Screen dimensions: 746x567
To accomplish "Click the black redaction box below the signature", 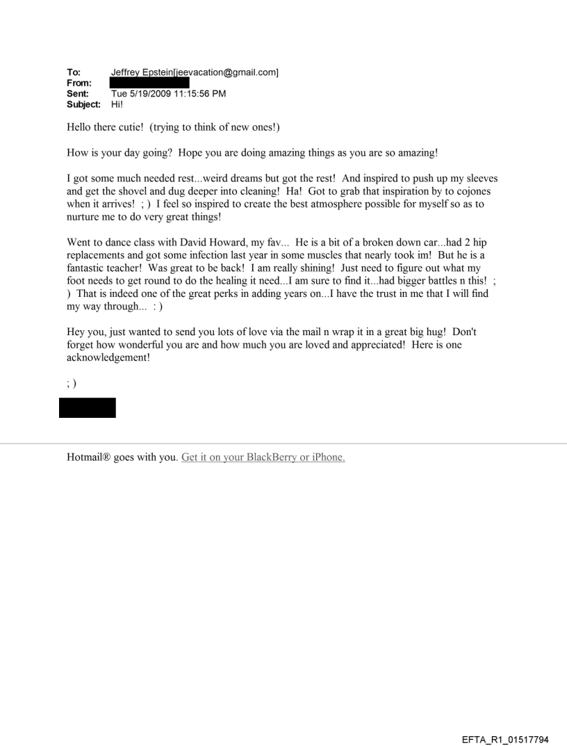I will coord(87,407).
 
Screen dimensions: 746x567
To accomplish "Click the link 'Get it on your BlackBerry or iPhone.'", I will coord(263,458).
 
